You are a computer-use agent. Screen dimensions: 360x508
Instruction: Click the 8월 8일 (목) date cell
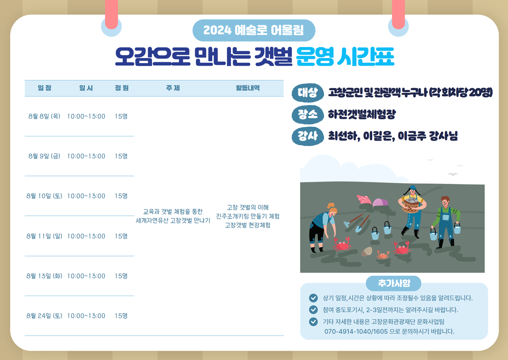pyautogui.click(x=44, y=116)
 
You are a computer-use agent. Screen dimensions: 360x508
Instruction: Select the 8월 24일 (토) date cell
pyautogui.click(x=44, y=316)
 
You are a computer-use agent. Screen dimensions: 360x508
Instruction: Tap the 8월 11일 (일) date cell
pyautogui.click(x=44, y=236)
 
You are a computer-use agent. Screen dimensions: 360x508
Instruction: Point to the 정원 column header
pyautogui.click(x=122, y=88)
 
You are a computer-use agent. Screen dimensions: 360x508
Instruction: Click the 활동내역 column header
pyautogui.click(x=248, y=88)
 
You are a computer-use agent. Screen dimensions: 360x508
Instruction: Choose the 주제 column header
pyautogui.click(x=173, y=88)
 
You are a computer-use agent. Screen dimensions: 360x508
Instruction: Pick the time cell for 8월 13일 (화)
pyautogui.click(x=86, y=276)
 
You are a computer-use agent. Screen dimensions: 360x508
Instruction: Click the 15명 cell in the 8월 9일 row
pyautogui.click(x=121, y=156)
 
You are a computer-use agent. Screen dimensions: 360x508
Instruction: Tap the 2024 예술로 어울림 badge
pyautogui.click(x=254, y=30)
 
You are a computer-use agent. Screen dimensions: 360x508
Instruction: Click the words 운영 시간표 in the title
pyautogui.click(x=345, y=56)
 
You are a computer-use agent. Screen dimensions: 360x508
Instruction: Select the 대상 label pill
pyautogui.click(x=308, y=93)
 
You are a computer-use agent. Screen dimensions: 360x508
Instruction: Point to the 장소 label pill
pyautogui.click(x=308, y=114)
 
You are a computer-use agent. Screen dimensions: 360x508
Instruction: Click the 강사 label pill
pyautogui.click(x=308, y=136)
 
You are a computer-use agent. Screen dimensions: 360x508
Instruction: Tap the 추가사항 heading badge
pyautogui.click(x=394, y=283)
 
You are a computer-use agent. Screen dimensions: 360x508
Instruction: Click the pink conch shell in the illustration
pyautogui.click(x=364, y=199)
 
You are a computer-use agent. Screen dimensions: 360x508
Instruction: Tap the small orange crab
pyautogui.click(x=383, y=255)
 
